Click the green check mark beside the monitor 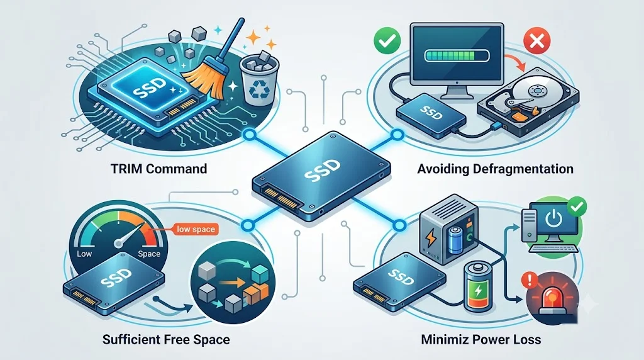[x=387, y=40]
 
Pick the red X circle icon [x=537, y=41]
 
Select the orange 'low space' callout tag [x=196, y=229]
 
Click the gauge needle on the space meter [x=131, y=234]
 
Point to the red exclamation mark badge [x=530, y=280]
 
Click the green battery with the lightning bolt [x=477, y=287]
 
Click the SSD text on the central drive [x=323, y=171]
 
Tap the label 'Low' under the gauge [x=84, y=254]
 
